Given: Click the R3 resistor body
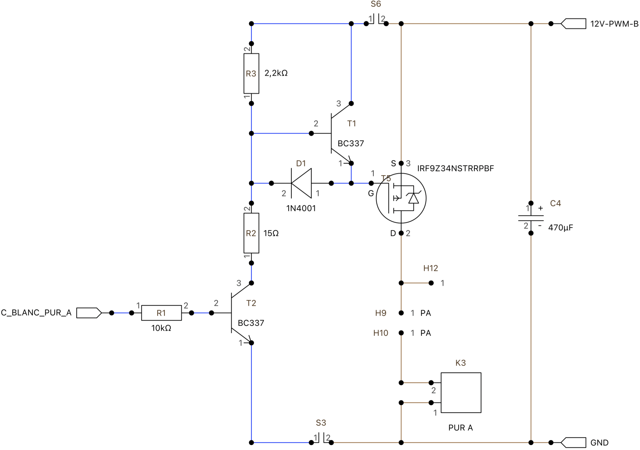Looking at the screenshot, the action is tap(251, 73).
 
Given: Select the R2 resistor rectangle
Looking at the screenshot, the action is tap(251, 233).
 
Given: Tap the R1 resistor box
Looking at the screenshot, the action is tap(161, 313).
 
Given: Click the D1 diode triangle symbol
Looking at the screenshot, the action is tap(301, 183).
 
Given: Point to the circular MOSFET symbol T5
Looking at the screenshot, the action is tap(401, 198).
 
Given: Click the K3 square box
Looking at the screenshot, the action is tap(461, 393).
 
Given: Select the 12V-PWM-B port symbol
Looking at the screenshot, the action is tap(573, 24).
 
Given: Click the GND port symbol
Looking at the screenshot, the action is tap(573, 443).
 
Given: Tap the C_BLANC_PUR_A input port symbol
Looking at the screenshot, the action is tap(89, 313).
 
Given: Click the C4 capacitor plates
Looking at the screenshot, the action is tap(531, 218).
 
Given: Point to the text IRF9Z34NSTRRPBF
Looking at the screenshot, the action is tap(455, 169).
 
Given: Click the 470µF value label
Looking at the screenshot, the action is tap(561, 228).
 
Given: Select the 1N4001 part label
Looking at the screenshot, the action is tap(301, 209).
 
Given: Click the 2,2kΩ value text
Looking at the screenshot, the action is tap(276, 73).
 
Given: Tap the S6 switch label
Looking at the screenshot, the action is tap(376, 4).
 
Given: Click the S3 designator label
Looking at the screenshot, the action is tap(321, 423).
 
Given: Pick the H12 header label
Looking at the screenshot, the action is tap(431, 268).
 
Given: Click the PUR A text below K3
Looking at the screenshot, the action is tap(461, 428).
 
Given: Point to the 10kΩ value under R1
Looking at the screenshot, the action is tap(161, 328).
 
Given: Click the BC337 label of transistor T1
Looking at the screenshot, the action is tap(351, 144).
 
